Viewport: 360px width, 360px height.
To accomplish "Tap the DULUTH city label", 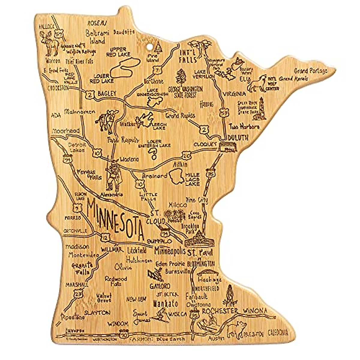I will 238,138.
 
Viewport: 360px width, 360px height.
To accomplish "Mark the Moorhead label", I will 66,131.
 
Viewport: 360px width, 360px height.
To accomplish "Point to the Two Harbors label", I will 244,126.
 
